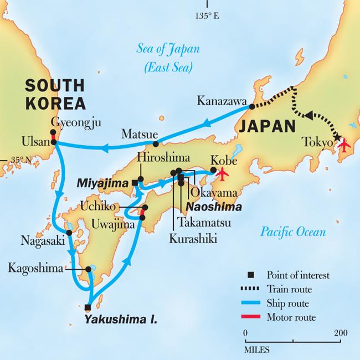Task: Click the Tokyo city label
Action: pos(318,142)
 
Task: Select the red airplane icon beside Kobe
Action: pos(223,173)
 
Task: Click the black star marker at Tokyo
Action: pos(337,137)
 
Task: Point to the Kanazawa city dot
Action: pos(251,106)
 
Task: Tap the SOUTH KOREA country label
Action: pos(53,95)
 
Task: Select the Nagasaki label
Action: pos(41,242)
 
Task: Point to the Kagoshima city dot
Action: pos(89,270)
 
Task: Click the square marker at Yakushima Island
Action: pos(88,307)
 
